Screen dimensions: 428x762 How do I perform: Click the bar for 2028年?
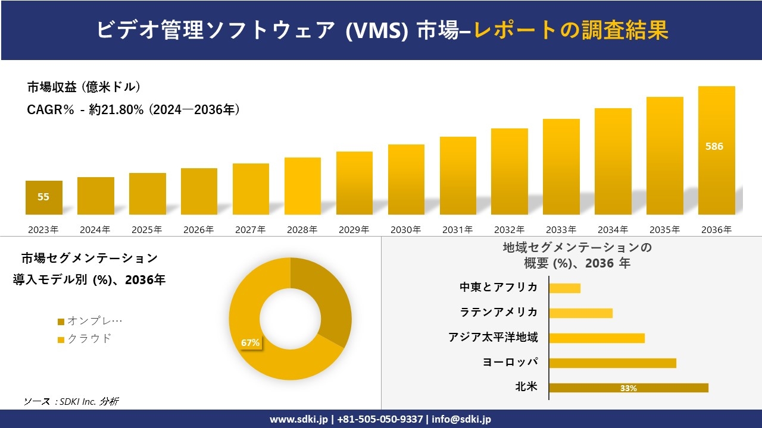click(x=302, y=186)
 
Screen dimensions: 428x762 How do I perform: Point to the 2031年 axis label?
click(x=457, y=229)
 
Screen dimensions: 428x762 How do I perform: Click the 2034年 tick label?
click(x=613, y=229)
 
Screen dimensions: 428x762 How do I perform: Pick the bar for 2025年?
click(x=147, y=194)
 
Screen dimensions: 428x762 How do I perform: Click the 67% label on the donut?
click(x=250, y=343)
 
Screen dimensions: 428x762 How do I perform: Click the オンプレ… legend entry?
click(x=90, y=321)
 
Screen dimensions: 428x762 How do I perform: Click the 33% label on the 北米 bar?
click(x=628, y=388)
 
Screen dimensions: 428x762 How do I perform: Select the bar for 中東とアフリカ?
click(x=564, y=288)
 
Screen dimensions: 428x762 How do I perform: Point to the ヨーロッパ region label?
click(x=510, y=362)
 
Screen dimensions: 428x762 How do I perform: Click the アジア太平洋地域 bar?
click(x=597, y=338)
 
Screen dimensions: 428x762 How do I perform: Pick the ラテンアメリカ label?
click(x=498, y=312)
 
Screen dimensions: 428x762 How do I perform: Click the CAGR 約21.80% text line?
click(x=133, y=110)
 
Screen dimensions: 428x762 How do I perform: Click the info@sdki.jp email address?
click(x=463, y=419)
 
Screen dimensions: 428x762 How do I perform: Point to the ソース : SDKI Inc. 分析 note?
click(x=71, y=401)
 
